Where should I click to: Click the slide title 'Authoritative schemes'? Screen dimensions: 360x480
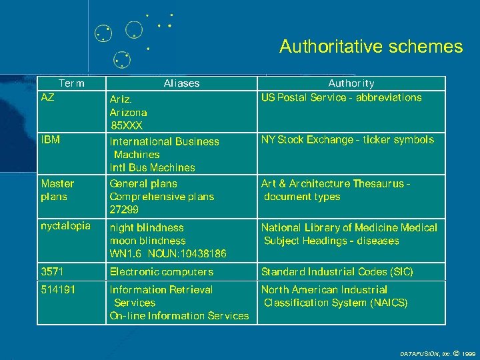coord(371,47)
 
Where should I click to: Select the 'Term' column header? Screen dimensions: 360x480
coord(71,83)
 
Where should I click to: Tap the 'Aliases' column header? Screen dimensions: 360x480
coord(181,83)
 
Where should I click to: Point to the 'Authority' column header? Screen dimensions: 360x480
coord(351,83)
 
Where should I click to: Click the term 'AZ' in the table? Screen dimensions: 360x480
coord(48,97)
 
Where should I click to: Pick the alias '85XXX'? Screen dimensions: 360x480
coord(127,125)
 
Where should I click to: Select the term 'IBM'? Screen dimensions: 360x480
coord(51,140)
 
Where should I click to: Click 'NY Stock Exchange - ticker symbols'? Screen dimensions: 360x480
coord(347,140)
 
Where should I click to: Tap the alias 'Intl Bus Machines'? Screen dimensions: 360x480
coord(153,167)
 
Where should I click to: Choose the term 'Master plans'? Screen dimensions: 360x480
coord(57,190)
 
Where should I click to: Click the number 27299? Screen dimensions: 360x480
coord(126,209)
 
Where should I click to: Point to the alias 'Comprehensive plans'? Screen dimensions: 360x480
coord(162,197)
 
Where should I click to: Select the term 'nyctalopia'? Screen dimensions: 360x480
coord(65,226)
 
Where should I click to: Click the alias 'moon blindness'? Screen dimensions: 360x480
coord(147,241)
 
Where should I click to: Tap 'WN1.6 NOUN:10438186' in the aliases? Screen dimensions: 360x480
coord(168,254)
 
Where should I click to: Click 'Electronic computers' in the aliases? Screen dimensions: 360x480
coord(161,272)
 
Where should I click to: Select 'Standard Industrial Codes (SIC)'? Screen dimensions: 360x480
coord(337,272)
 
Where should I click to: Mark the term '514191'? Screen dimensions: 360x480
coord(57,290)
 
